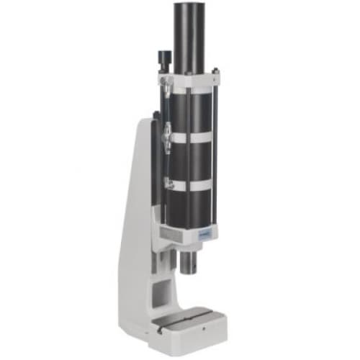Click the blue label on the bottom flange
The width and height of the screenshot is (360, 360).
pyautogui.click(x=204, y=233)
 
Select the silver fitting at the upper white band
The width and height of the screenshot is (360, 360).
pyautogui.click(x=166, y=133)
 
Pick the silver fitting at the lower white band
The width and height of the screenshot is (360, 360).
pyautogui.click(x=166, y=181)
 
